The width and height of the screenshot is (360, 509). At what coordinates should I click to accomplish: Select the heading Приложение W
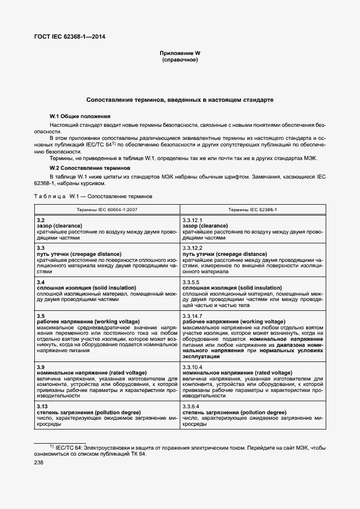pos(180,53)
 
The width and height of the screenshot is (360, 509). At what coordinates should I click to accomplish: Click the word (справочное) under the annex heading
pos(180,59)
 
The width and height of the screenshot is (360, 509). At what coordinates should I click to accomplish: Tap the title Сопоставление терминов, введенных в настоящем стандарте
pos(180,100)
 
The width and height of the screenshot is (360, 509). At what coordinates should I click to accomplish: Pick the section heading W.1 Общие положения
pos(80,116)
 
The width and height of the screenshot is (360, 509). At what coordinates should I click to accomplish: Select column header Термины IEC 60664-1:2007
pos(107,209)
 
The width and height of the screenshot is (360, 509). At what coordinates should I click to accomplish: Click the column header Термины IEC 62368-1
pos(252,209)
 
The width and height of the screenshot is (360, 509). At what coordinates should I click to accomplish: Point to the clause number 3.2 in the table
pos(41,219)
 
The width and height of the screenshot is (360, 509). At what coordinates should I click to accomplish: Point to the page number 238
pos(40,463)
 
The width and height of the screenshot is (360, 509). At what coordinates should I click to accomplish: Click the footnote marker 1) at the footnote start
pos(52,446)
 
